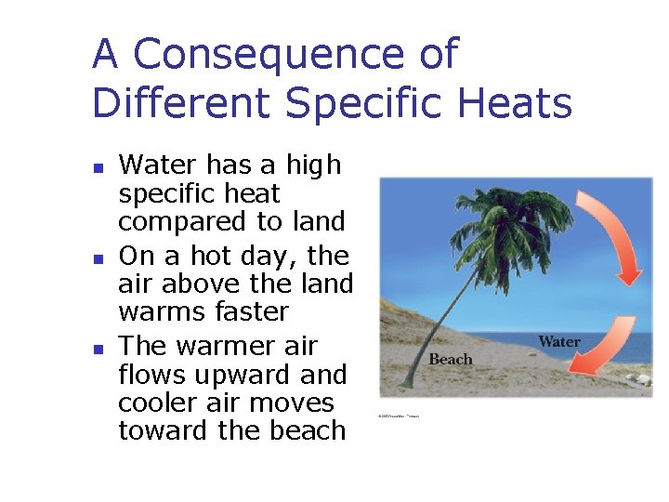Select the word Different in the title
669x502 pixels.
[x=184, y=103]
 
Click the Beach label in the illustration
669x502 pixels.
[x=451, y=360]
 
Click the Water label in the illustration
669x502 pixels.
[x=559, y=342]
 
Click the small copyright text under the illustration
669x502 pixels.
[x=399, y=416]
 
